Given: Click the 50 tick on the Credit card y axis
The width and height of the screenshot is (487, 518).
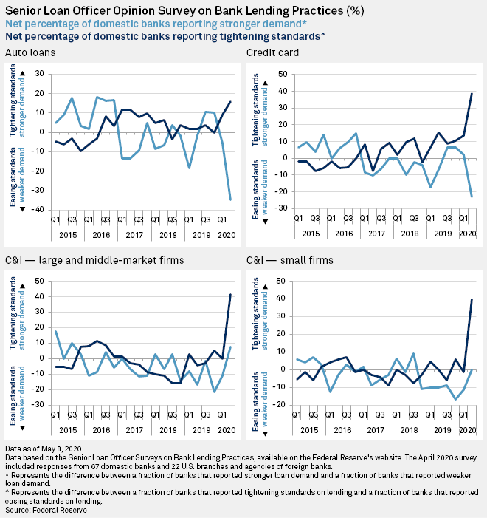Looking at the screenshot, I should pyautogui.click(x=281, y=74).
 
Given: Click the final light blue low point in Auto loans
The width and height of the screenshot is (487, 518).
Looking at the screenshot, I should pyautogui.click(x=230, y=200).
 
